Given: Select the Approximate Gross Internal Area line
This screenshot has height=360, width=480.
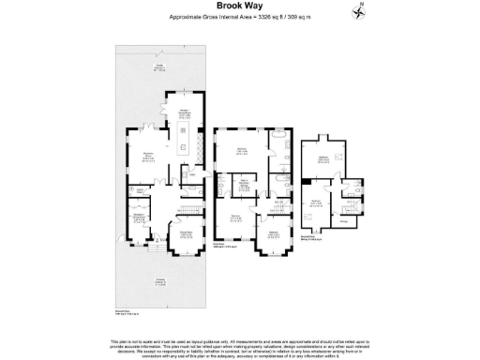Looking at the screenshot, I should tap(239, 17).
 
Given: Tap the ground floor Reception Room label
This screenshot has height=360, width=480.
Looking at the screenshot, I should tap(147, 157).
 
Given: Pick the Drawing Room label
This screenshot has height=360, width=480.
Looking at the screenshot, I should tap(185, 235).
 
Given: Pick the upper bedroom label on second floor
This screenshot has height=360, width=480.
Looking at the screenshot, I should tap(323, 159).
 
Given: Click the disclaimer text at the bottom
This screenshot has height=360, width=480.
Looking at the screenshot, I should tap(239, 344).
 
